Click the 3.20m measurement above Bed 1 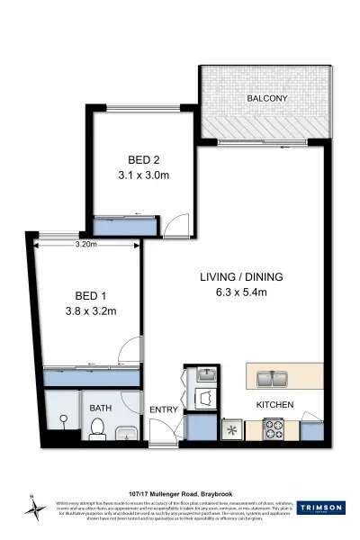tap(86, 244)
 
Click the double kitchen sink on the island tap(271, 378)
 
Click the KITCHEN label tap(275, 406)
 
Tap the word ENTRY tap(164, 411)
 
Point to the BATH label tap(100, 408)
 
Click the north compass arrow tap(35, 508)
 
